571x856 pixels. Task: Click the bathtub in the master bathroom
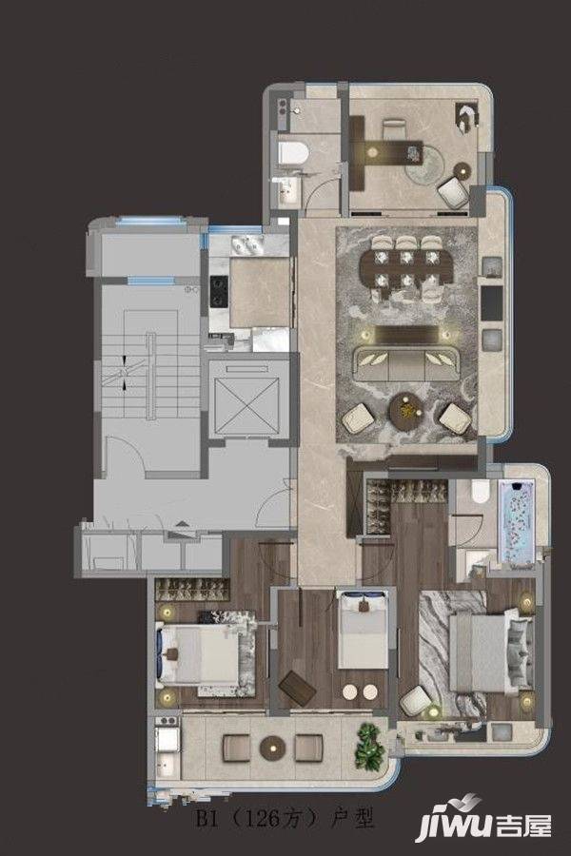pos(517,521)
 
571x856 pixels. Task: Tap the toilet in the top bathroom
pos(293,151)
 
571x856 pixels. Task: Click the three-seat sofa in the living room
pos(407,363)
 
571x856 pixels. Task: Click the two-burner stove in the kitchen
pos(219,292)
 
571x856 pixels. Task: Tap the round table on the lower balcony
pos(272,748)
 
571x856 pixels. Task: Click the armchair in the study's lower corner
pos(454,193)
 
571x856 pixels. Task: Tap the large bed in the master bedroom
pos(491,652)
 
